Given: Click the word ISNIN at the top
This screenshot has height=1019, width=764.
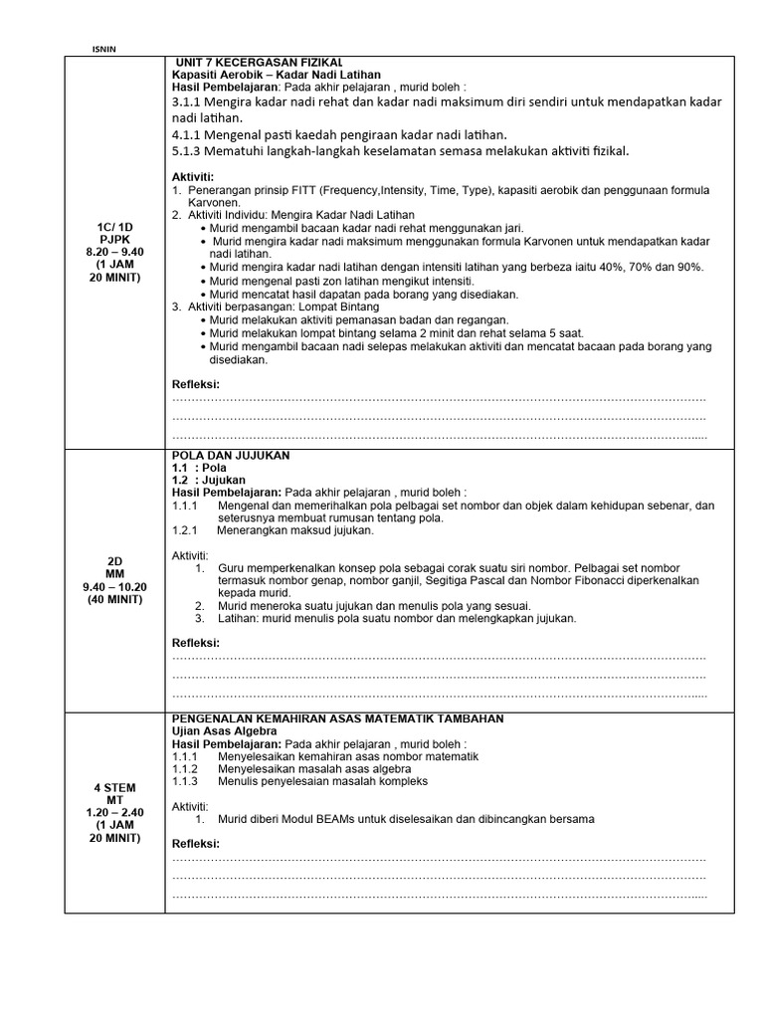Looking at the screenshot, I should (x=103, y=47).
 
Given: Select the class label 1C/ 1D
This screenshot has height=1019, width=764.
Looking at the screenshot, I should (x=114, y=226).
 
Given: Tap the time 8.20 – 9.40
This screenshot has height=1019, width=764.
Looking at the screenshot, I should (x=114, y=252).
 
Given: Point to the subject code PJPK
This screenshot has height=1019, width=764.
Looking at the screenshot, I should (x=114, y=239).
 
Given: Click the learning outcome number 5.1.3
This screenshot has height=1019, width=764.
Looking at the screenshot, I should (x=190, y=150).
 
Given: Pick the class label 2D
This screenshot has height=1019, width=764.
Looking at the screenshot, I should (x=114, y=560).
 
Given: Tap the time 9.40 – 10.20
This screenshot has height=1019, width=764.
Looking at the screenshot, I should (x=114, y=586).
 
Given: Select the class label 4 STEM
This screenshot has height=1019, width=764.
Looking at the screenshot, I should (x=114, y=787).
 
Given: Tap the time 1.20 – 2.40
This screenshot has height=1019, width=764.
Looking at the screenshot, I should (x=114, y=812).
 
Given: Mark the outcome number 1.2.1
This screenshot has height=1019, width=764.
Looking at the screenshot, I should (x=186, y=530).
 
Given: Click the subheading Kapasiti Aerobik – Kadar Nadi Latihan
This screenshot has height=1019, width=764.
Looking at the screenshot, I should (x=277, y=75).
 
